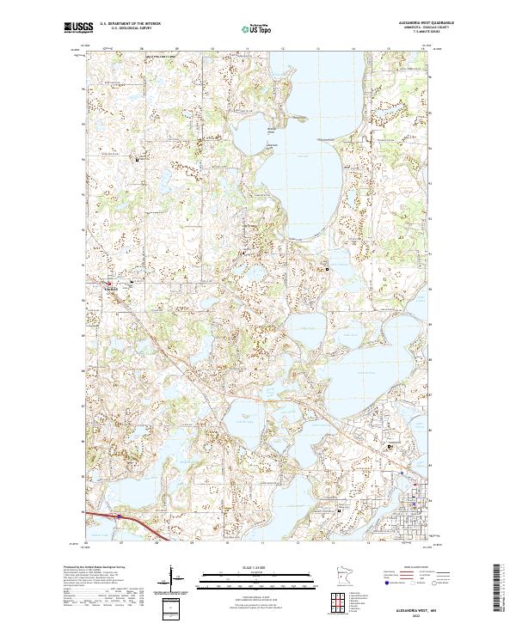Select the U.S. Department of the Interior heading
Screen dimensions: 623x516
[x=130, y=23]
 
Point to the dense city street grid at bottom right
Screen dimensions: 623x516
[x=413, y=516]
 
